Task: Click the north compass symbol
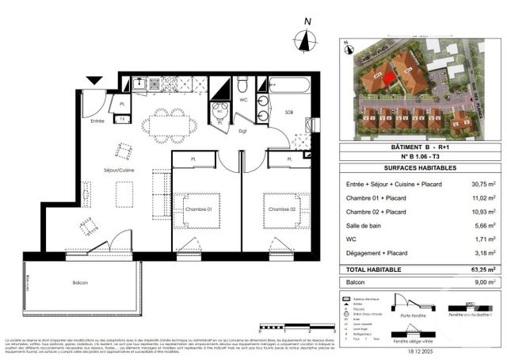tap(304, 40)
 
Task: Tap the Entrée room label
tap(97, 121)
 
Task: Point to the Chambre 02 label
tap(281, 209)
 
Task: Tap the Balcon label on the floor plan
tap(78, 283)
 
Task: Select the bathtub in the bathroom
tap(291, 85)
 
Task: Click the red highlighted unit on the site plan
tap(387, 78)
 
